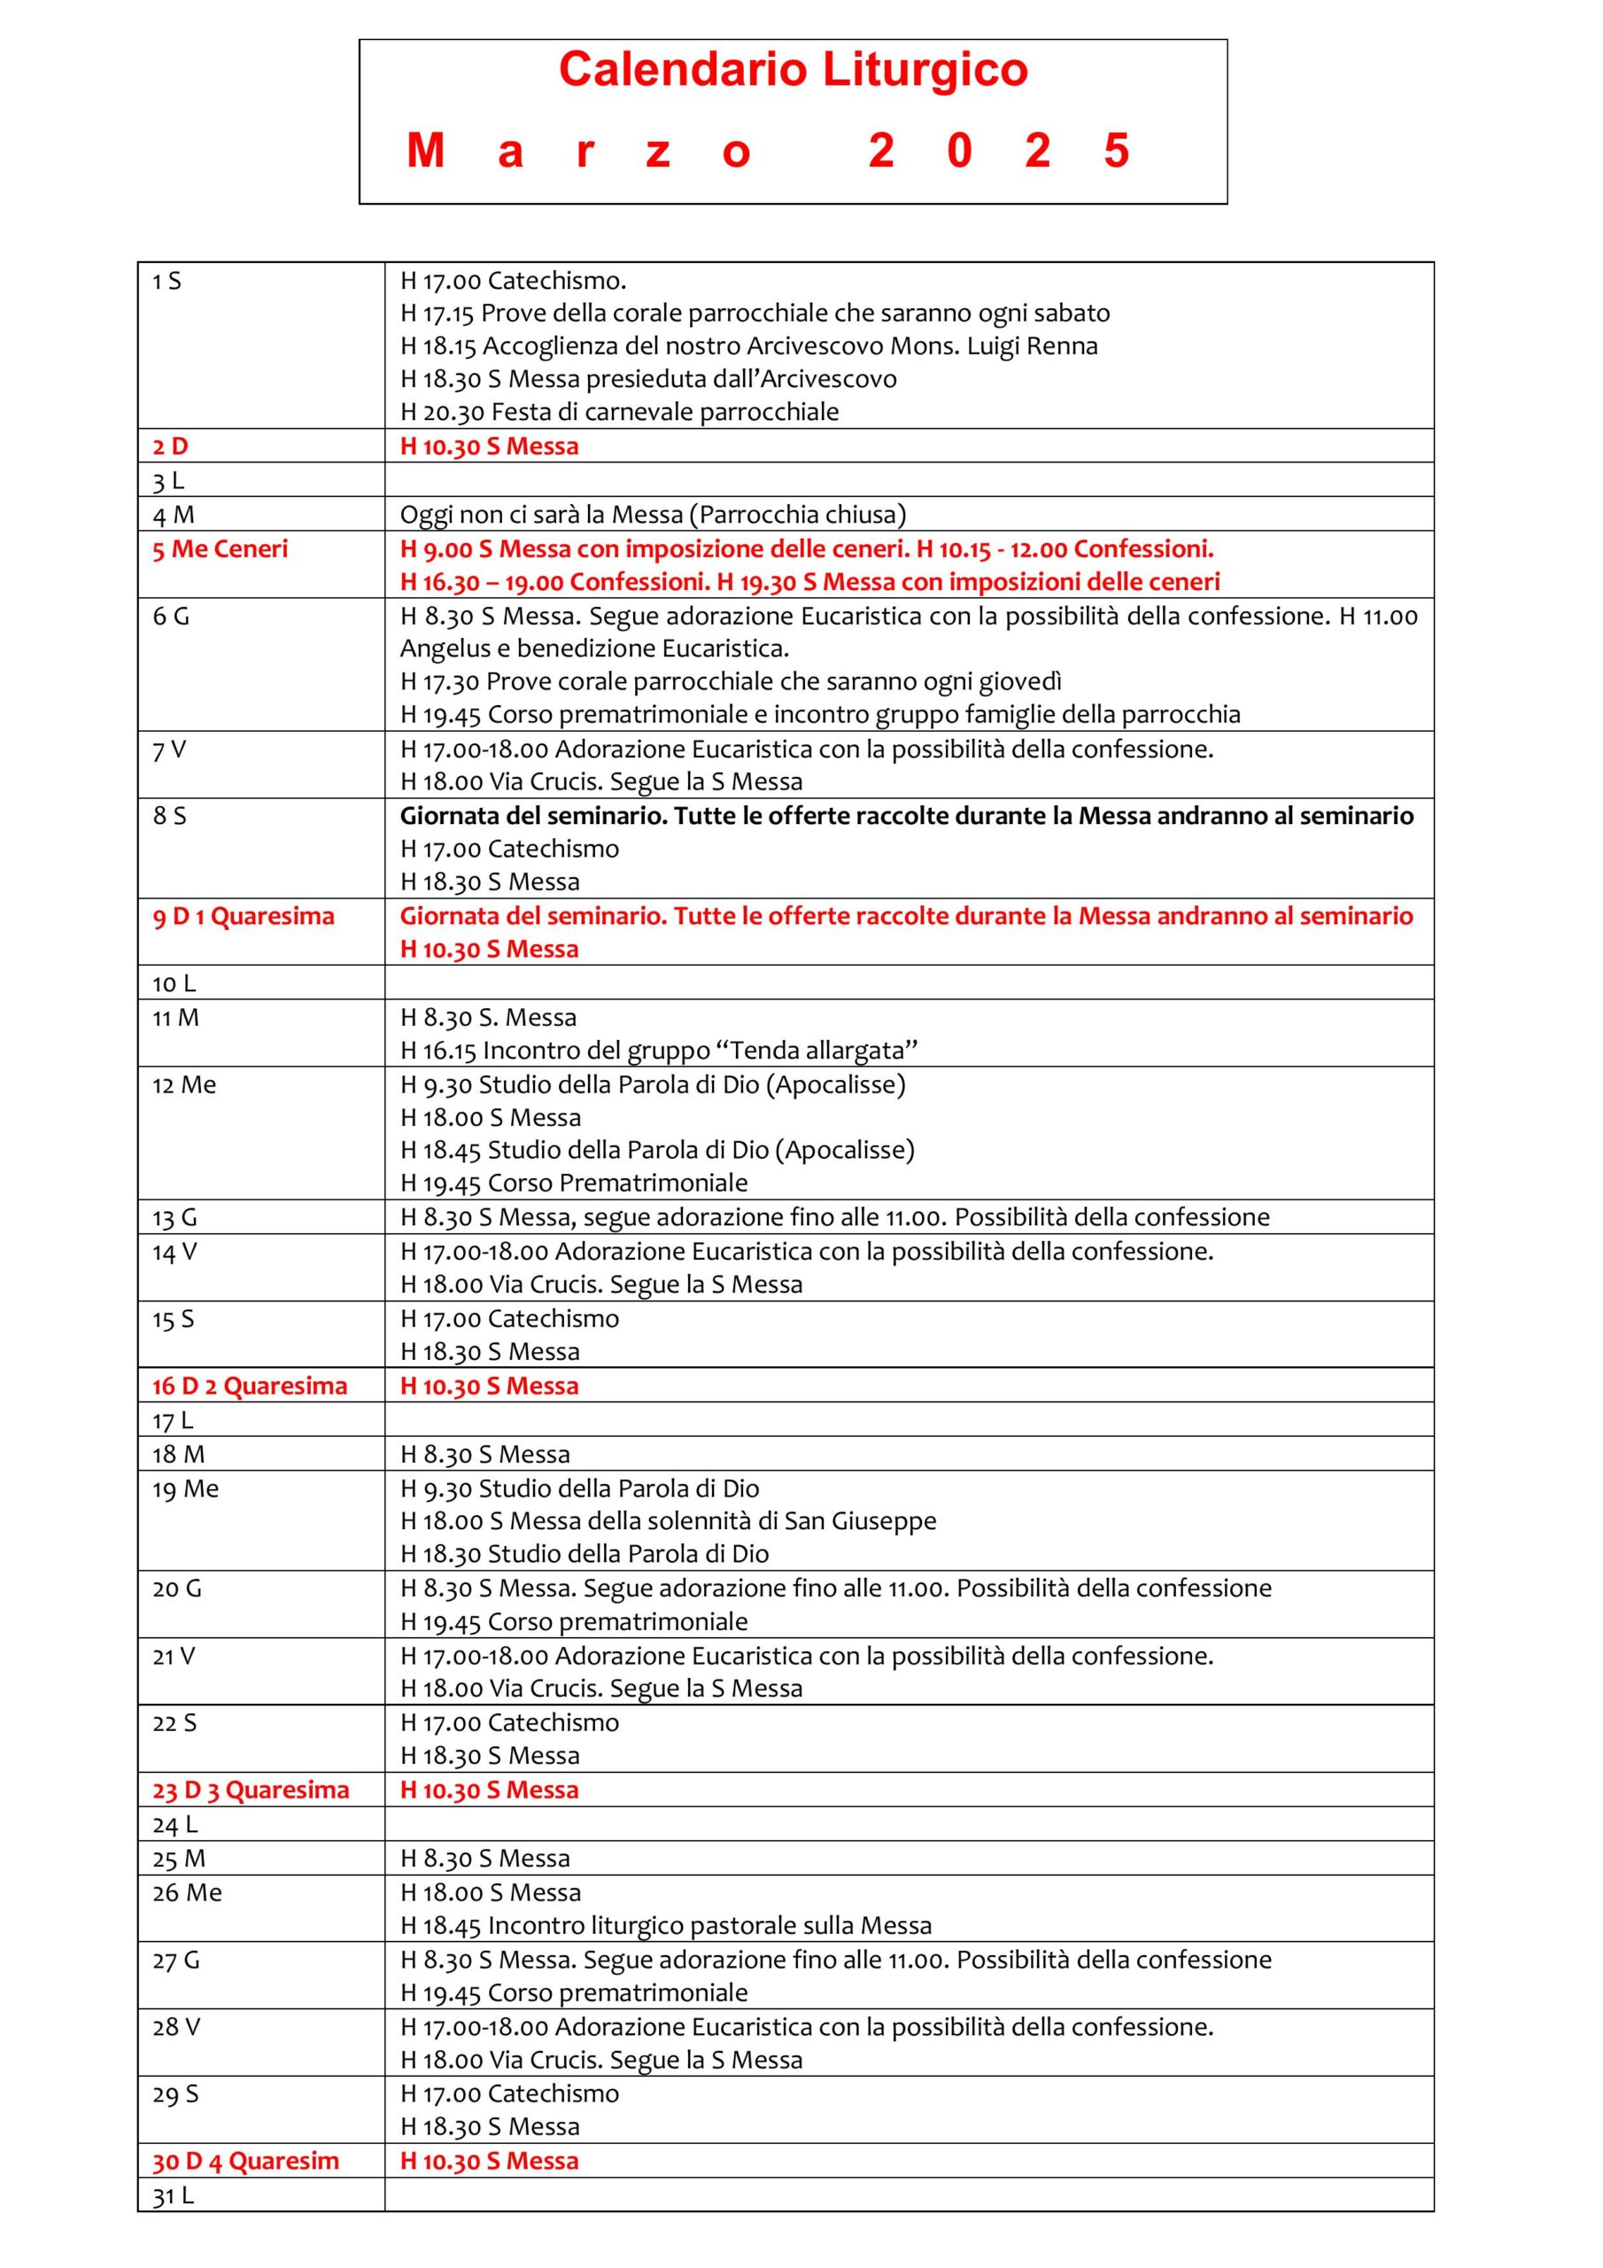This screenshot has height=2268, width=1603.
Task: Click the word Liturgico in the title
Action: point(925,70)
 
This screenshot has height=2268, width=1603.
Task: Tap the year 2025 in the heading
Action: point(997,151)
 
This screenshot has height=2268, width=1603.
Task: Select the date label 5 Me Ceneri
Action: point(220,549)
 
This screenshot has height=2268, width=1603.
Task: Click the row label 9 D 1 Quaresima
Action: point(243,916)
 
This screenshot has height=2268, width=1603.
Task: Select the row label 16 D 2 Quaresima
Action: point(249,1386)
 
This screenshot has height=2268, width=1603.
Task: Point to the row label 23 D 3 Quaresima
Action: point(250,1790)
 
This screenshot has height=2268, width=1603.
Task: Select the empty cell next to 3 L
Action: point(908,480)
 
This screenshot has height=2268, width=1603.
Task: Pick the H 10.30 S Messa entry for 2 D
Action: point(489,447)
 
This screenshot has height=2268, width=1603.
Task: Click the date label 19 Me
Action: point(185,1488)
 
